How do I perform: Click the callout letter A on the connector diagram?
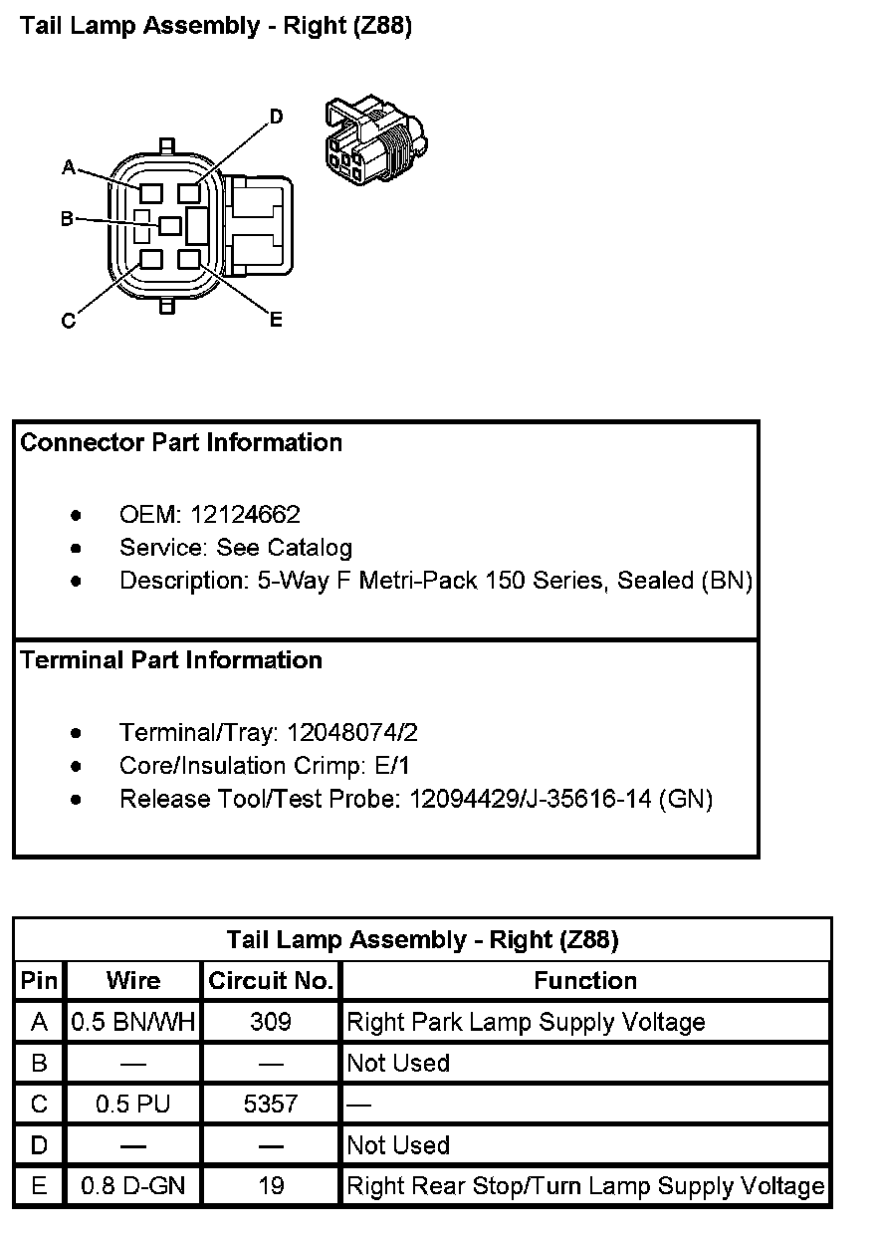70,167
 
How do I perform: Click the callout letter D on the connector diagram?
277,117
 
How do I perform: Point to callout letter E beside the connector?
277,319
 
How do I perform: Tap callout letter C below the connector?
69,321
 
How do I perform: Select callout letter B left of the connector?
67,218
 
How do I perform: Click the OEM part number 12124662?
245,515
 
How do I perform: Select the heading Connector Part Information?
181,442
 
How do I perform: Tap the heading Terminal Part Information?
171,659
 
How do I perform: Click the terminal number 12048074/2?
352,733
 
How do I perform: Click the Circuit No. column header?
271,981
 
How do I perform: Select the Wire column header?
133,981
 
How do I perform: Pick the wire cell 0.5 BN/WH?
133,1022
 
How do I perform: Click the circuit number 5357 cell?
271,1104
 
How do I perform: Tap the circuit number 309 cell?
271,1022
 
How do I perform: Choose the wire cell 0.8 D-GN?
133,1186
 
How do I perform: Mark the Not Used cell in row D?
398,1145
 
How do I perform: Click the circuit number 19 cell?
271,1186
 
